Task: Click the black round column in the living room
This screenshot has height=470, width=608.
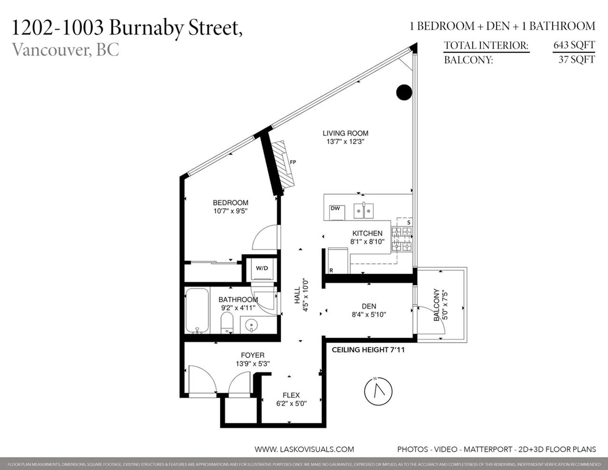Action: [404, 92]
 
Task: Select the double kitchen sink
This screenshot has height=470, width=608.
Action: [364, 211]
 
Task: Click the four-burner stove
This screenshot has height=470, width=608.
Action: [402, 239]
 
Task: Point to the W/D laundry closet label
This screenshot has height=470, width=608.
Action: [262, 268]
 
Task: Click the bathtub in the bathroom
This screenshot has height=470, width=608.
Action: [197, 310]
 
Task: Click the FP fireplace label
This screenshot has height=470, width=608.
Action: [293, 162]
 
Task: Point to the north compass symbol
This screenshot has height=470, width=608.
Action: [378, 391]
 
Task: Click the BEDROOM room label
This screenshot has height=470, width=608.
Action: [230, 203]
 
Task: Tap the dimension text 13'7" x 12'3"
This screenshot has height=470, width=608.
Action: [345, 142]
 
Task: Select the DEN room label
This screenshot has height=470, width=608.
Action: [369, 306]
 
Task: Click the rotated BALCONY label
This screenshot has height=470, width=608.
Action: [437, 305]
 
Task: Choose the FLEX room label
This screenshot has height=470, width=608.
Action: [291, 395]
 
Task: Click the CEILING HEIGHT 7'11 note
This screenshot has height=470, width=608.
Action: [368, 350]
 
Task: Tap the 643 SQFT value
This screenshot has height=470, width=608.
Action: [574, 45]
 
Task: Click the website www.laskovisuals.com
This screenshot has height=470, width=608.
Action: [304, 449]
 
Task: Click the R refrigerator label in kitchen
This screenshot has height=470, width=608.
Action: [331, 270]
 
